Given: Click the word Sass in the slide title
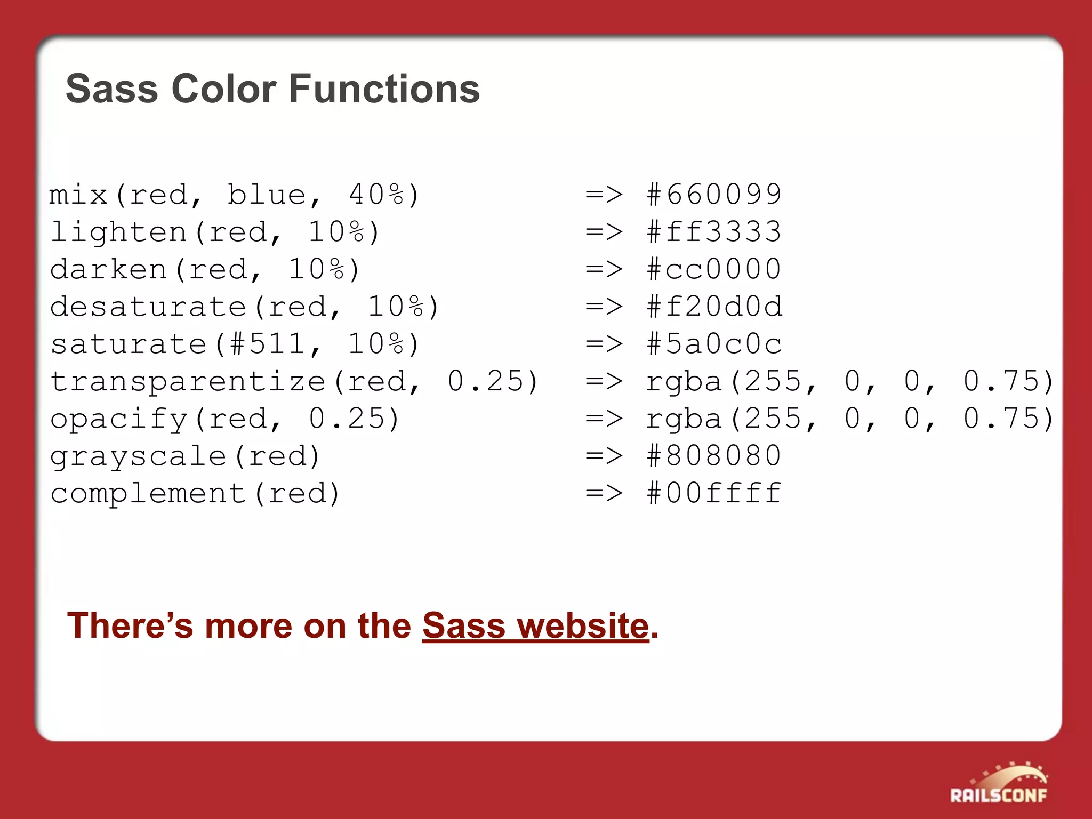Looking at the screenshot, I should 111,89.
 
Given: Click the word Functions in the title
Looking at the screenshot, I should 384,89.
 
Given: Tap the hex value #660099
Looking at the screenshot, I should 714,195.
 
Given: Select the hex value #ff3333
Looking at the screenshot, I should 714,232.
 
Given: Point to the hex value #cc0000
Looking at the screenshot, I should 714,269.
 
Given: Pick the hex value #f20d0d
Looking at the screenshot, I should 714,307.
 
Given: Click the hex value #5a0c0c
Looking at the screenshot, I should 714,344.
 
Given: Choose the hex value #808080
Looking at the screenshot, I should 714,456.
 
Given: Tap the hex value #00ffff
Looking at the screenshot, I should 714,493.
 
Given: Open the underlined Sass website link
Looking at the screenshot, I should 535,625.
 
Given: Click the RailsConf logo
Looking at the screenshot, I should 999,784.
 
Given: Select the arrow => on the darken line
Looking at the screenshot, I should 604,269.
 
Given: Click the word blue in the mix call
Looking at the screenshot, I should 267,195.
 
